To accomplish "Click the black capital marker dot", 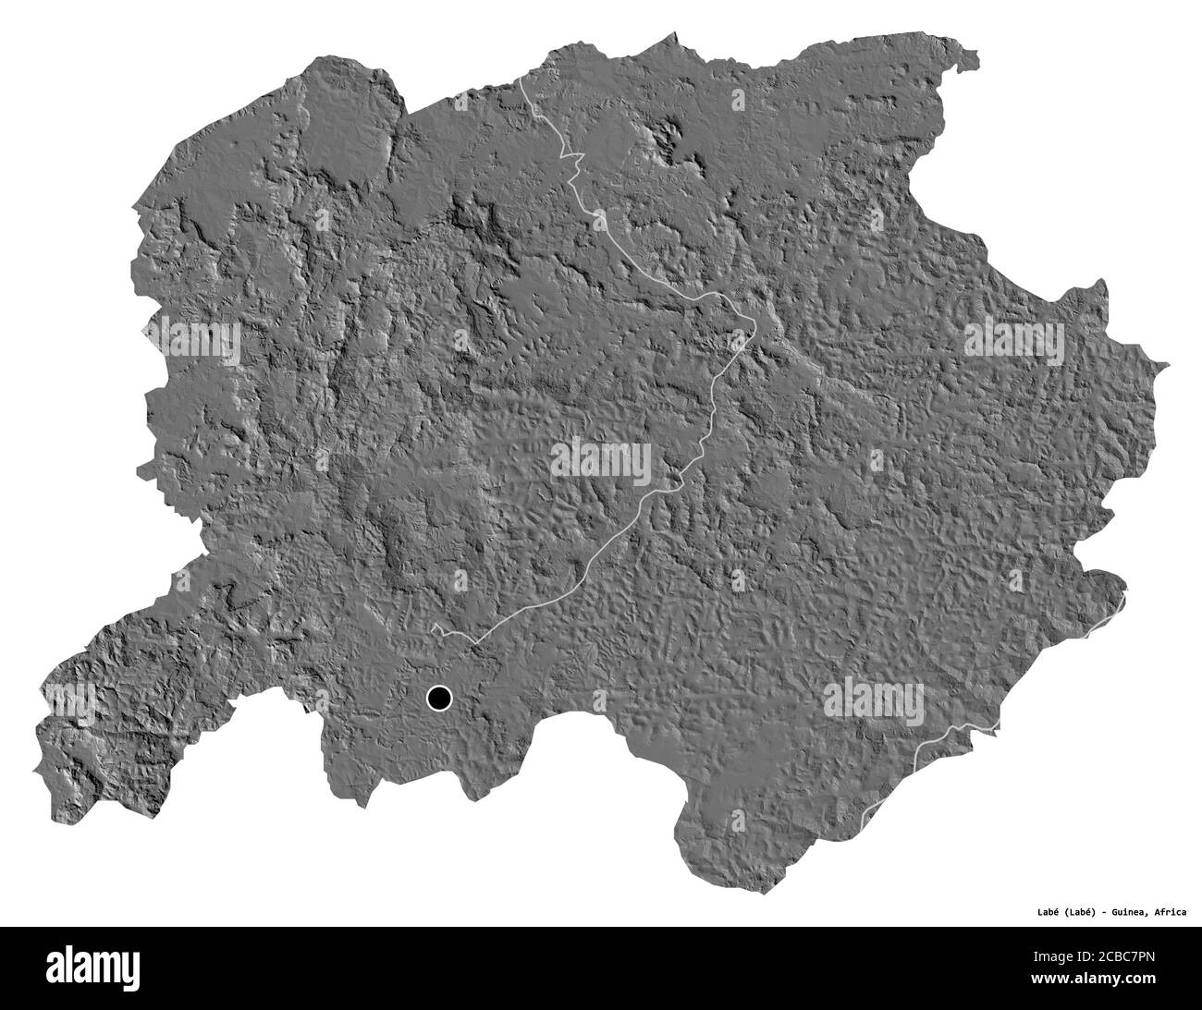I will click(x=437, y=698).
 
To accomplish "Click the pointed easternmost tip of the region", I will click(x=1169, y=366).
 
